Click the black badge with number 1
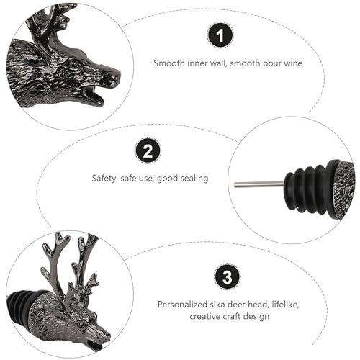tap(220, 35)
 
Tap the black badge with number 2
tap(148, 150)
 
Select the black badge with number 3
tap(227, 276)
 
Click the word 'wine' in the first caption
tap(293, 63)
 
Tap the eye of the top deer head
tap(73, 64)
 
